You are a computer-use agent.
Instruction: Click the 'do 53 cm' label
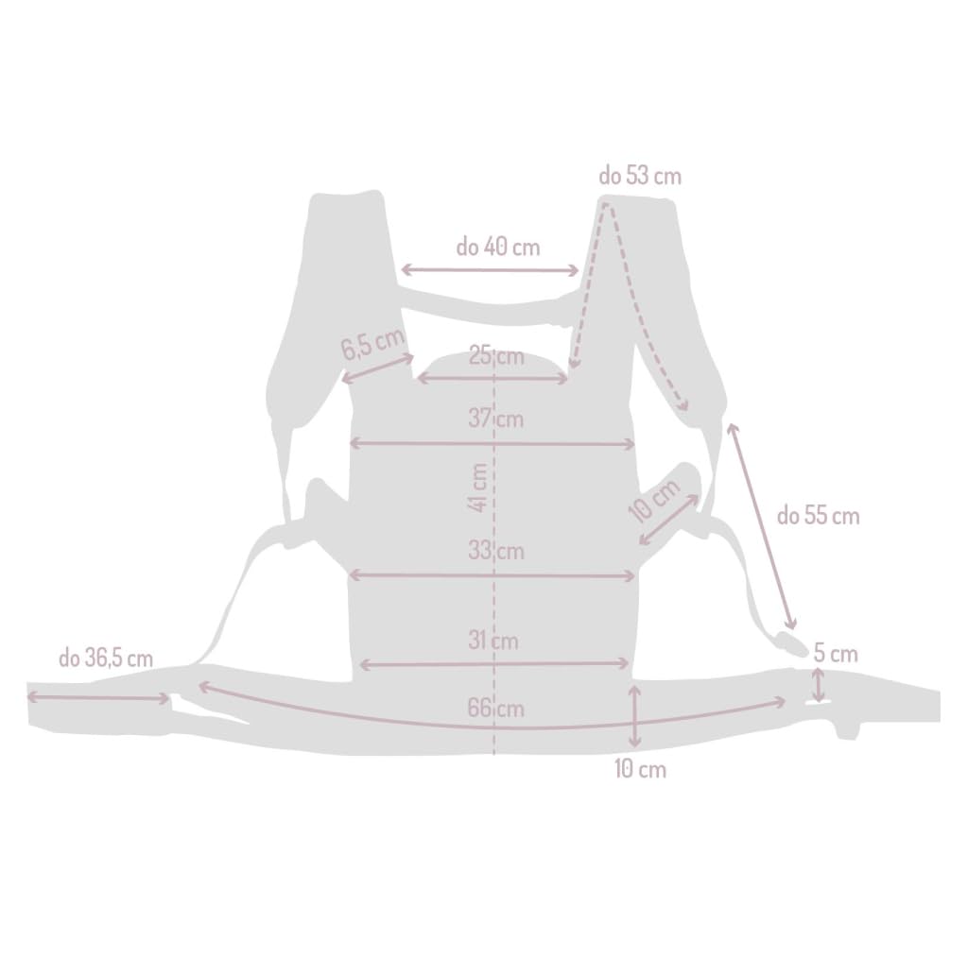(640, 176)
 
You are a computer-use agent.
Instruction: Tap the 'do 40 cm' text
(497, 247)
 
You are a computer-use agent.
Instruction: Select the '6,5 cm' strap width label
(372, 343)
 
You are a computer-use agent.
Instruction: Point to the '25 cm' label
(495, 356)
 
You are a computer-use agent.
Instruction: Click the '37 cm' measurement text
(495, 419)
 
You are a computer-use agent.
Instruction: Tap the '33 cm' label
(495, 550)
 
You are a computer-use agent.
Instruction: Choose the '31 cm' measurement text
(493, 641)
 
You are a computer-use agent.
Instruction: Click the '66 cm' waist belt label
(495, 709)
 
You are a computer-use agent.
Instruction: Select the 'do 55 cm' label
(818, 516)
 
